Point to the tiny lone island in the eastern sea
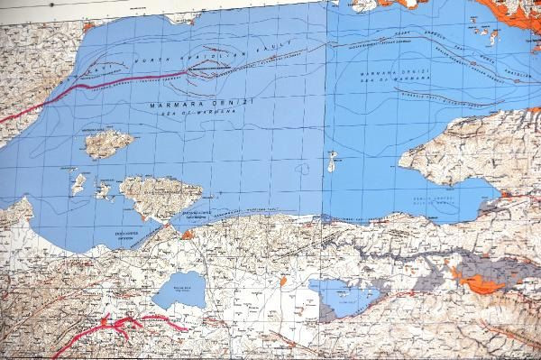(x=332, y=162)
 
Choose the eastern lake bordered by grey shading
(x=344, y=296)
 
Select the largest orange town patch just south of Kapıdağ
(x=188, y=235)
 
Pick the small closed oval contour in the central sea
(x=303, y=169)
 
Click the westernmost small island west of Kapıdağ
(x=78, y=185)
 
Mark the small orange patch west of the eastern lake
(x=283, y=281)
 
